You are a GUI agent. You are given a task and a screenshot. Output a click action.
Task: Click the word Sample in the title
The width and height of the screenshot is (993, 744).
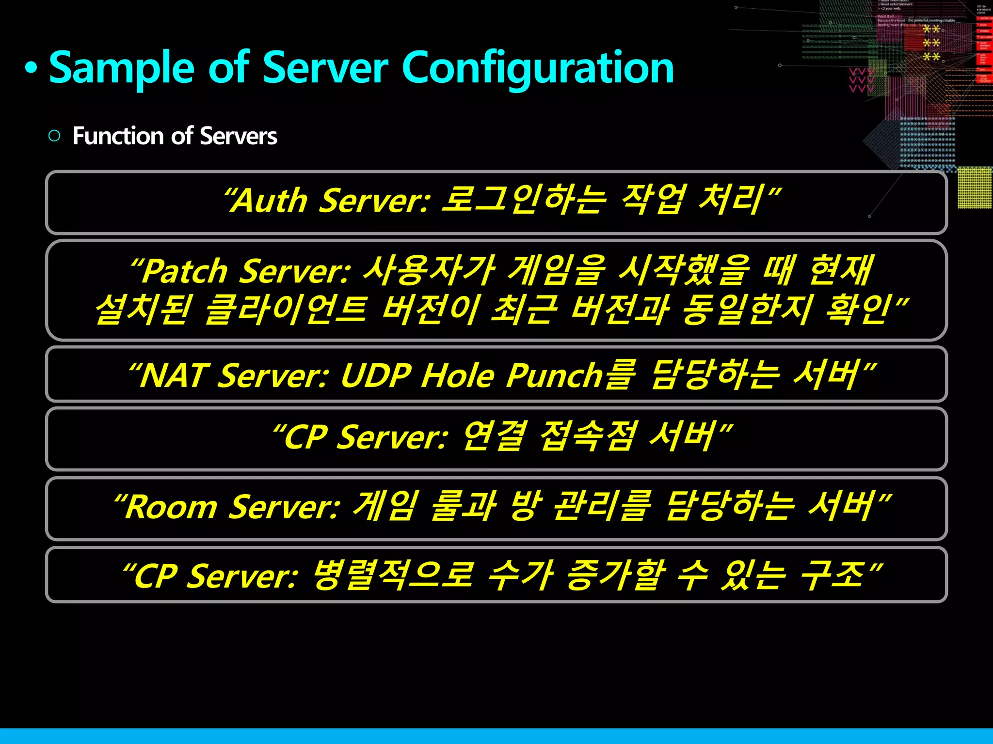pyautogui.click(x=122, y=69)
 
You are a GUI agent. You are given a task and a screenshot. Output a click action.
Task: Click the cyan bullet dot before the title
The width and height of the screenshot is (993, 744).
pyautogui.click(x=31, y=68)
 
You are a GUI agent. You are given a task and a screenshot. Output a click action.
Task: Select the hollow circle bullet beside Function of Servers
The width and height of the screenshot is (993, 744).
pyautogui.click(x=54, y=136)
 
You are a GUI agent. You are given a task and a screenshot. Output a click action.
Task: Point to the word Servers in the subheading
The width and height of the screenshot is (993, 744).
pyautogui.click(x=238, y=136)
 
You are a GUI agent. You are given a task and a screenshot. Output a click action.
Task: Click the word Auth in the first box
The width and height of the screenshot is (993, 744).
pyautogui.click(x=270, y=201)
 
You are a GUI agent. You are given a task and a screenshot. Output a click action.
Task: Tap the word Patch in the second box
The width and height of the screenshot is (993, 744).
pyautogui.click(x=185, y=271)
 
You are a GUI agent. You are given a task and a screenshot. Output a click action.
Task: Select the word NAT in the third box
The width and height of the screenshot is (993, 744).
pyautogui.click(x=173, y=376)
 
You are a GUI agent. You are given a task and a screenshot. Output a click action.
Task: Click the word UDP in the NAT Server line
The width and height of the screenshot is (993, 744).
pyautogui.click(x=376, y=376)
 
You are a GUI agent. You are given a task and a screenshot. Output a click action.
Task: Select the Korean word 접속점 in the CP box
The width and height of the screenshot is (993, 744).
pyautogui.click(x=587, y=437)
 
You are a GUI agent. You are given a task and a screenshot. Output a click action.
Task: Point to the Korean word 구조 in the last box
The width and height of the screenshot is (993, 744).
pyautogui.click(x=832, y=575)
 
